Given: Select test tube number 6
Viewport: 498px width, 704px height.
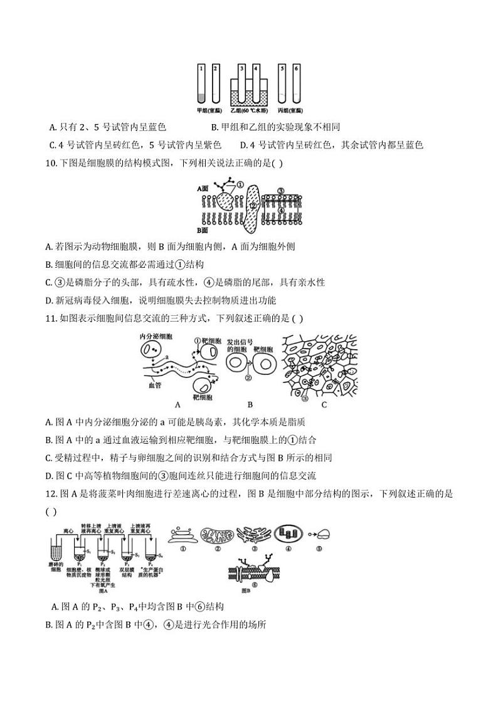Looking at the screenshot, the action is pos(296,84).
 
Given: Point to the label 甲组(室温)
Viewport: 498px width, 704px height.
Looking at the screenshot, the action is pos(208,110).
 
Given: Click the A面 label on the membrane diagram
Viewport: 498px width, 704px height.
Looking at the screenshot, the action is pos(203,187).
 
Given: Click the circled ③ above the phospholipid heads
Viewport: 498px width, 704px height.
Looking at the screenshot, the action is pos(281,191).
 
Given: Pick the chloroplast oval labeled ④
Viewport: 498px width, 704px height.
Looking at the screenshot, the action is pos(289,534).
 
